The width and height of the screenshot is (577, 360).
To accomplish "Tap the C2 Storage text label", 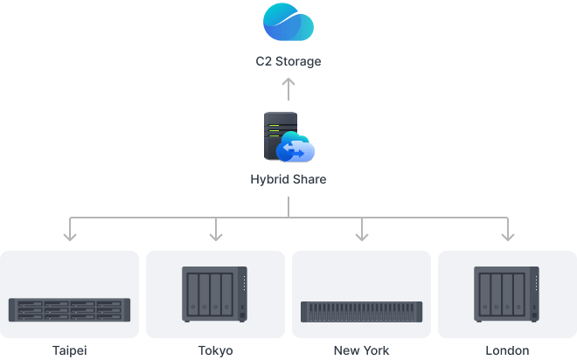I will (288, 61).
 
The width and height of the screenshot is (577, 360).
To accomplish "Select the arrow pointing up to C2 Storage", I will (288, 88).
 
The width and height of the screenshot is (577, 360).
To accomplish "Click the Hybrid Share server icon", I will (278, 135).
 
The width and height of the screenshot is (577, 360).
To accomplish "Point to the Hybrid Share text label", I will (288, 180).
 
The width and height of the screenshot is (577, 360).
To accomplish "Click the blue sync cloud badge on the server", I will (295, 151).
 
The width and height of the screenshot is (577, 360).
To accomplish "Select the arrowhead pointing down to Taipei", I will (70, 233).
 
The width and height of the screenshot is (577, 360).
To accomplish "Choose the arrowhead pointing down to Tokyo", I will (215, 233).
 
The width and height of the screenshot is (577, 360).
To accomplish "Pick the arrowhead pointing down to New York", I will (361, 233).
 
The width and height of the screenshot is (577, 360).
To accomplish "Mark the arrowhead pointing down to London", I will (507, 233).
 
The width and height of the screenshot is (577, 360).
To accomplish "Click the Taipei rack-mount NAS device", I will (69, 309).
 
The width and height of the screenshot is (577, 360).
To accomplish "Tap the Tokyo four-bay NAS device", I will (215, 295).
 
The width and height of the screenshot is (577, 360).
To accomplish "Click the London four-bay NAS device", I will (507, 295).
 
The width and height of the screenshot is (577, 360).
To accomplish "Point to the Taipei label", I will (69, 350).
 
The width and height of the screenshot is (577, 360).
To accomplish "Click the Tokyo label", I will (215, 350).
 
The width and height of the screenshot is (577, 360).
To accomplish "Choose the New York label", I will (361, 350).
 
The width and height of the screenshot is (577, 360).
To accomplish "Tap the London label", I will (507, 350).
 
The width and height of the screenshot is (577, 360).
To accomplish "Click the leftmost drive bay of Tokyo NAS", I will (192, 294).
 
